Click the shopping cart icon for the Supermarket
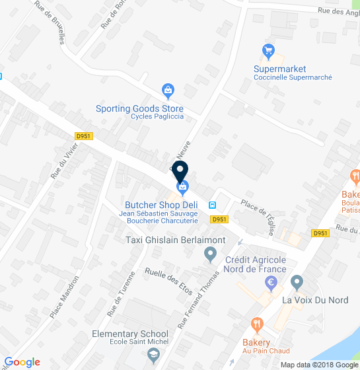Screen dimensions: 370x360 268,51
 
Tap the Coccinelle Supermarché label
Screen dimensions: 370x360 293,77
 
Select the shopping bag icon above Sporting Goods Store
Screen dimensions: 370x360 168,90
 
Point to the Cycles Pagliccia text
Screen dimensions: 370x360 157,117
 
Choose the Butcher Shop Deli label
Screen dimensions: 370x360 162,205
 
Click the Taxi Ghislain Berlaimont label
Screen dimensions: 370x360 175,240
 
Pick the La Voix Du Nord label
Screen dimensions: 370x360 315,300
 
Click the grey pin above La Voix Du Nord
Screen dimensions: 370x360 297,283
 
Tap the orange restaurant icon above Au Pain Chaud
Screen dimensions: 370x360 257,324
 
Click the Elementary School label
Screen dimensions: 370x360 130,334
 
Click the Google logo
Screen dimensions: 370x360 22,361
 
